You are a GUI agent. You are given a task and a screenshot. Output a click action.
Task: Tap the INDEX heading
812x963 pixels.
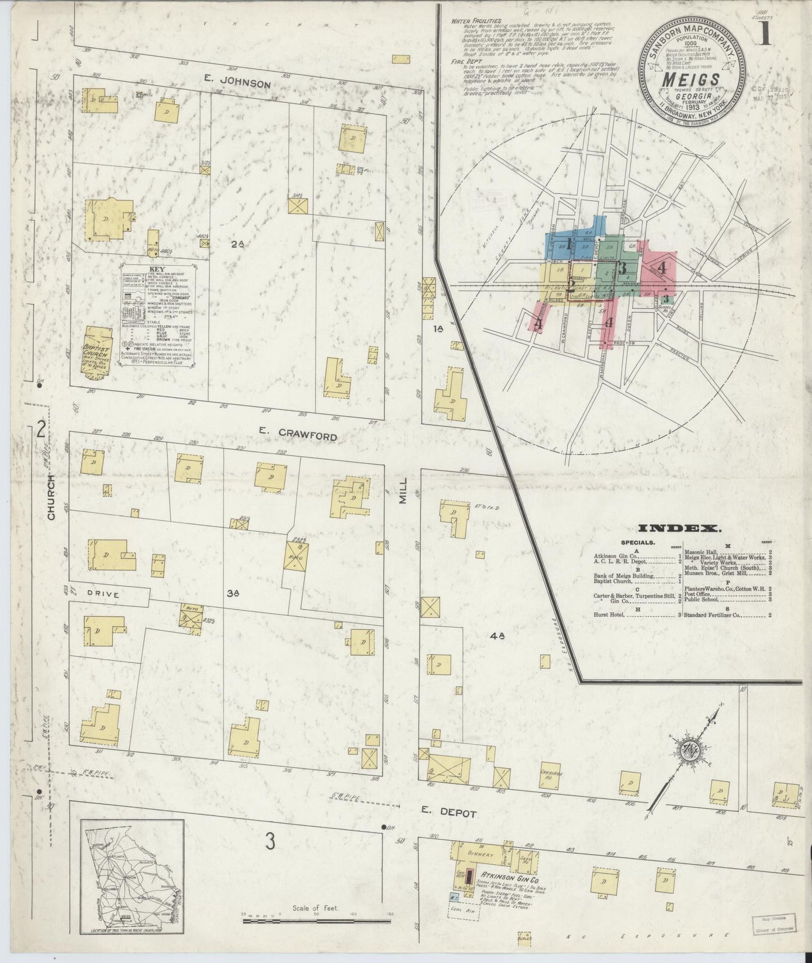click(x=679, y=528)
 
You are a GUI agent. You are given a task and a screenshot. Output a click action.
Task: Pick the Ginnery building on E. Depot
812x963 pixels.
click(x=481, y=855)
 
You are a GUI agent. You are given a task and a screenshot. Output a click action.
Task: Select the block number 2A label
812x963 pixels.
click(x=238, y=244)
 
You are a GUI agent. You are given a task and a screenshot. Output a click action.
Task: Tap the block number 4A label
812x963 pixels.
click(x=497, y=636)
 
